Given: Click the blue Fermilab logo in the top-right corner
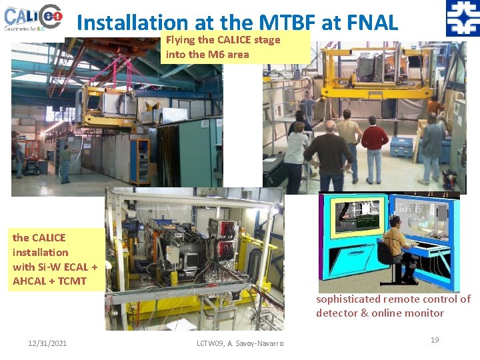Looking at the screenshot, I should point(462,18).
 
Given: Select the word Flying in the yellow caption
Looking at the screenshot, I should point(180,40).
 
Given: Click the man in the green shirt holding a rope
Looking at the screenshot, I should point(66,163).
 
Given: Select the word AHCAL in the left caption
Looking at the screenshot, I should point(31,281).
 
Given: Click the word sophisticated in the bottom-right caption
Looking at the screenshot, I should point(348,299).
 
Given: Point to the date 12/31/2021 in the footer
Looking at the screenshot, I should point(47,343).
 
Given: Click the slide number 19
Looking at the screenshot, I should point(435,340).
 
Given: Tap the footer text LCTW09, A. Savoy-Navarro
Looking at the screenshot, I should point(240,343).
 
